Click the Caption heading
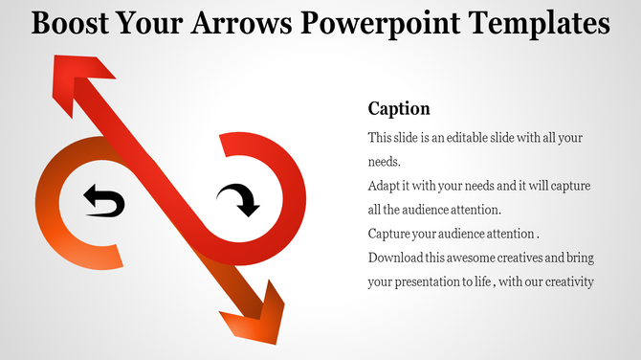tap(399, 108)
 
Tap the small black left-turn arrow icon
tap(103, 202)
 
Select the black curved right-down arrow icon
tap(237, 200)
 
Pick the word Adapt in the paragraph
tap(386, 186)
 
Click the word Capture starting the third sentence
tap(390, 234)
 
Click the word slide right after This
tap(410, 139)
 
